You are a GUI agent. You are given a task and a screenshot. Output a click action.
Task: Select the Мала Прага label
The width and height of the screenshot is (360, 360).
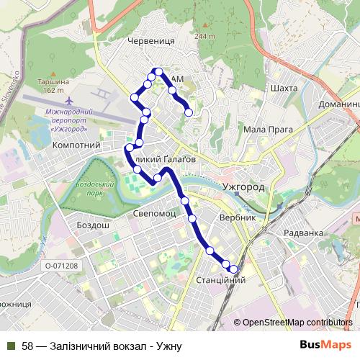click(x=268, y=130)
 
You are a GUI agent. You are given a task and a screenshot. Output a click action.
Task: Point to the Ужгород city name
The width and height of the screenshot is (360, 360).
click(x=244, y=186)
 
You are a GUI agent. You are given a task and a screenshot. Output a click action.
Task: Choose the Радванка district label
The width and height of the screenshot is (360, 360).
click(x=303, y=233)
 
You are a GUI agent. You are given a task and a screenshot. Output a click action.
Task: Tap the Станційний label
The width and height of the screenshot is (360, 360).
click(x=221, y=279)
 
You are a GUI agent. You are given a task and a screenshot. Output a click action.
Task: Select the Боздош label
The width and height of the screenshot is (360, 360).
click(x=93, y=225)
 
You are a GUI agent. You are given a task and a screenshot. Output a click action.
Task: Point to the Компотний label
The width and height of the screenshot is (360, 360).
click(x=76, y=145)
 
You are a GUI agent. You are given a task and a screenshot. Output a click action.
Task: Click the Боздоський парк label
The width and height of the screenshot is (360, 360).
click(x=91, y=189)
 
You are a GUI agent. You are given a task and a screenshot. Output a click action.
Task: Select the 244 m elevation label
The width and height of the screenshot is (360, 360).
click(x=204, y=36)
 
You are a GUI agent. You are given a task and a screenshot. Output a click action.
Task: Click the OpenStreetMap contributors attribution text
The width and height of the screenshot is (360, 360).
click(x=297, y=323)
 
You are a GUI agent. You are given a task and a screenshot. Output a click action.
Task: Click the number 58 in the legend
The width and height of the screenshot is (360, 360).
click(x=27, y=346)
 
